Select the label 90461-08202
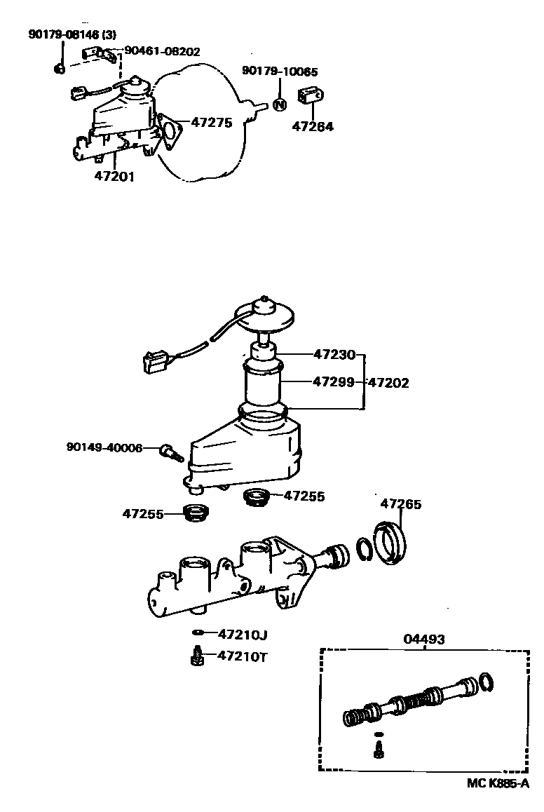(x=162, y=51)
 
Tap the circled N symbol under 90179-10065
(x=279, y=105)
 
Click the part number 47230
(x=334, y=354)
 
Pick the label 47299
(x=334, y=382)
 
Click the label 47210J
(x=243, y=635)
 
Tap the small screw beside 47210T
(x=198, y=658)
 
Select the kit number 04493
(x=423, y=640)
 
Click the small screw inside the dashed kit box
(x=379, y=750)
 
